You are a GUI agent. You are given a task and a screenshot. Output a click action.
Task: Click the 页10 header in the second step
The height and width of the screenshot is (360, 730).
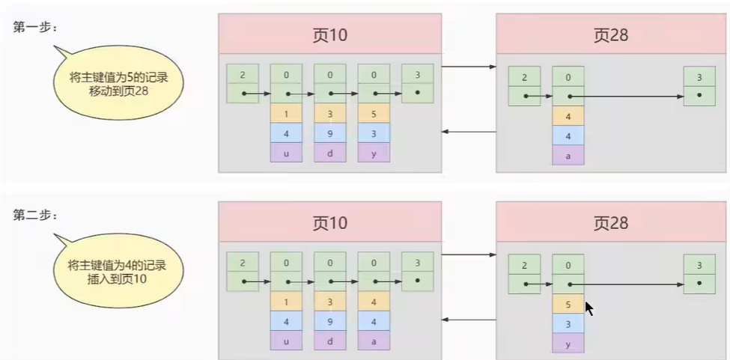point(329,222)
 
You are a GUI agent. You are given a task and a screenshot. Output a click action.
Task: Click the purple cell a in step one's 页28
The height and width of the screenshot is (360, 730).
point(568,155)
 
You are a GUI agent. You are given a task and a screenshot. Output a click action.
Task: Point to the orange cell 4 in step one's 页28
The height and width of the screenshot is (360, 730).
point(568,116)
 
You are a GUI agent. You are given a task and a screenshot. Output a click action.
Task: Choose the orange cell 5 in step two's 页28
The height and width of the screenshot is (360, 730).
point(568,304)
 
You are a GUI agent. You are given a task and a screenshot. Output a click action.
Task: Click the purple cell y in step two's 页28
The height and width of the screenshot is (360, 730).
point(568,343)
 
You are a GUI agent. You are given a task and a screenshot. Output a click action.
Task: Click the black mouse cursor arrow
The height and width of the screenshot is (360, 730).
point(588,308)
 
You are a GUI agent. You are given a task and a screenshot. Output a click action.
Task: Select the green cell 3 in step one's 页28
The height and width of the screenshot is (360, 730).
point(699,76)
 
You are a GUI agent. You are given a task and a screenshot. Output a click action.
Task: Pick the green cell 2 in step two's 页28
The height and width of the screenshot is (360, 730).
point(523,264)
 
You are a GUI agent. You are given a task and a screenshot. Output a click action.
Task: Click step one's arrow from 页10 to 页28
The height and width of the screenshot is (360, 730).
point(469,67)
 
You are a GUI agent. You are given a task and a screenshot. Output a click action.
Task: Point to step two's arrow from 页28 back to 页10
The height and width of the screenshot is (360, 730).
point(469,320)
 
